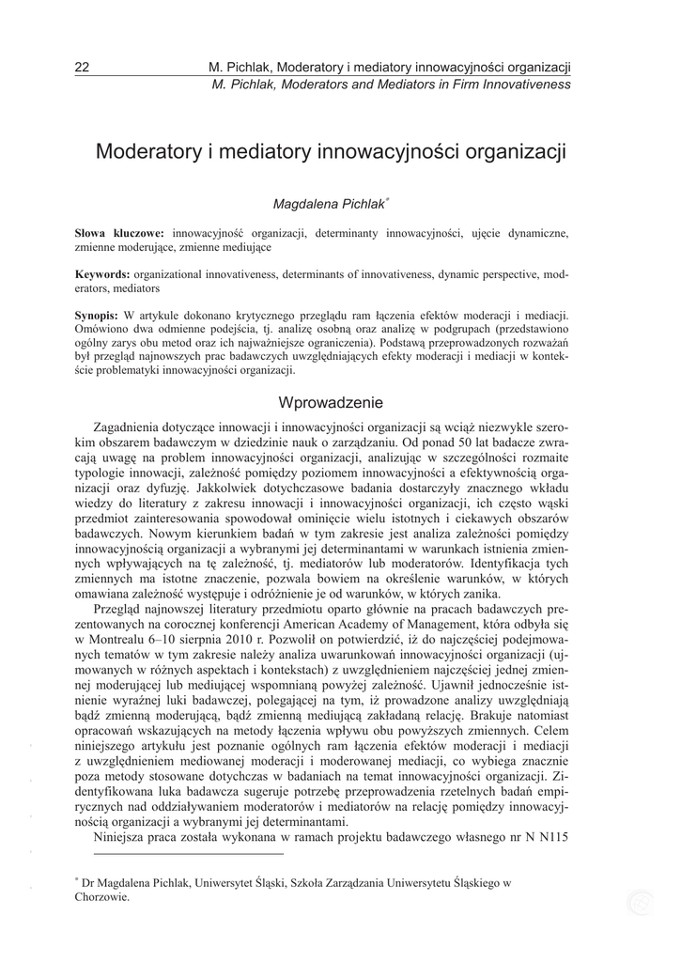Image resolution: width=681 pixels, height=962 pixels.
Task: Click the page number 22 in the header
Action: coord(81,68)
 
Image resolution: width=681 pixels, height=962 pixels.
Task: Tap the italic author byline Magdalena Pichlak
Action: coord(320,203)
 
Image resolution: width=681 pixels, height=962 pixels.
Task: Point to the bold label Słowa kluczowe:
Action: coord(119,231)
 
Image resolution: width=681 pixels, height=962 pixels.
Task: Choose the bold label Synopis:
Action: coord(97,317)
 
